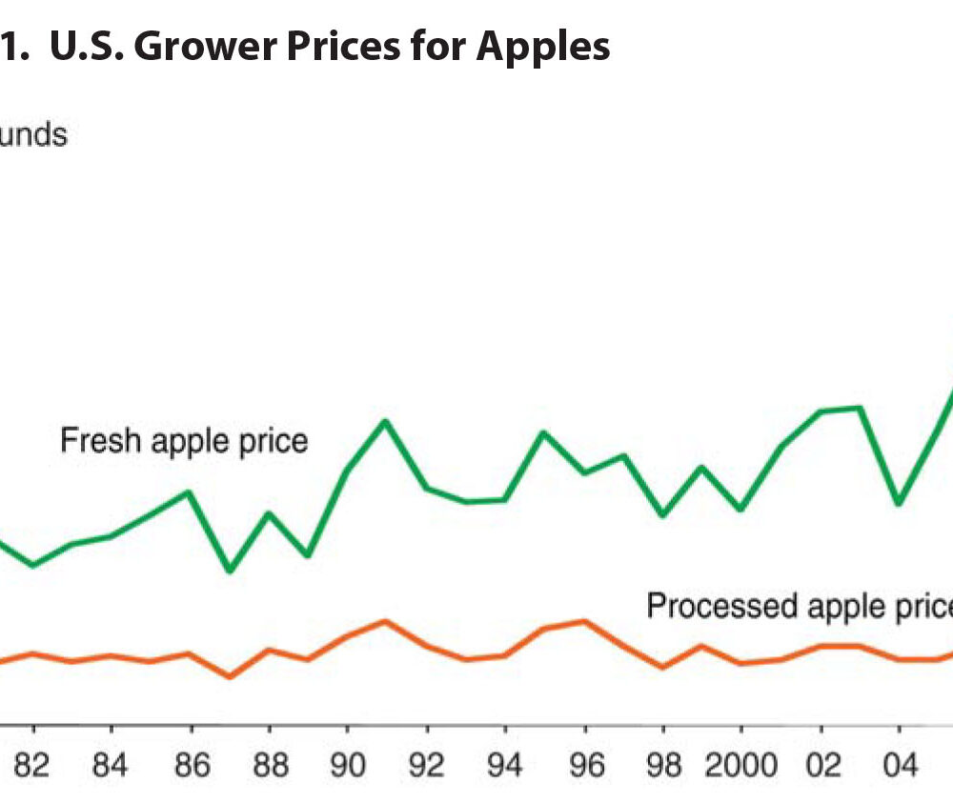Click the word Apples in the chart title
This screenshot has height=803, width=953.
point(543,45)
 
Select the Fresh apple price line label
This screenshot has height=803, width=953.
point(184,441)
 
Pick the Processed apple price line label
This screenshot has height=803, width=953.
point(799,606)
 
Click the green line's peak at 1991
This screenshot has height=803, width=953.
point(385,420)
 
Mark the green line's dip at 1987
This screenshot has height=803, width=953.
point(230,571)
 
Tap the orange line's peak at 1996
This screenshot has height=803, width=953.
point(584,621)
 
